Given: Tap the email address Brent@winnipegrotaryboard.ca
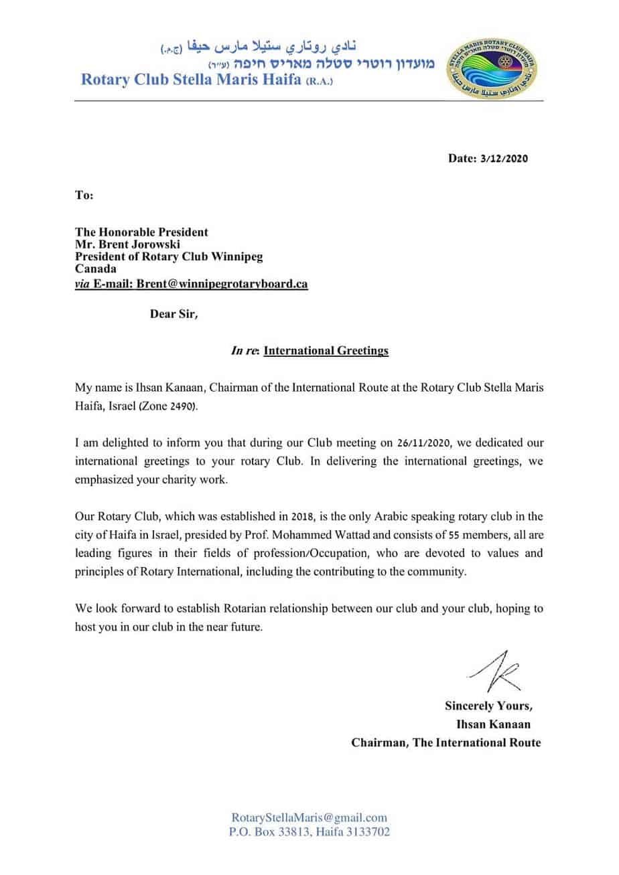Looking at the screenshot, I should [222, 284].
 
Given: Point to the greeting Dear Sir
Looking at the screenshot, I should [174, 315].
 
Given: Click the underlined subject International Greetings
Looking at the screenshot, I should [326, 350].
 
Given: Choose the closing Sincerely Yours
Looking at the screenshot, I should [489, 706].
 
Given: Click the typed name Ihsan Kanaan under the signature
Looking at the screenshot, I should [494, 724].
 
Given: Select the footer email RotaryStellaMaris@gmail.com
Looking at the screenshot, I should [309, 817].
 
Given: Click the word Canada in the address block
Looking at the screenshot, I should [95, 270].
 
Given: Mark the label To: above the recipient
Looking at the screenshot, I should [84, 196].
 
